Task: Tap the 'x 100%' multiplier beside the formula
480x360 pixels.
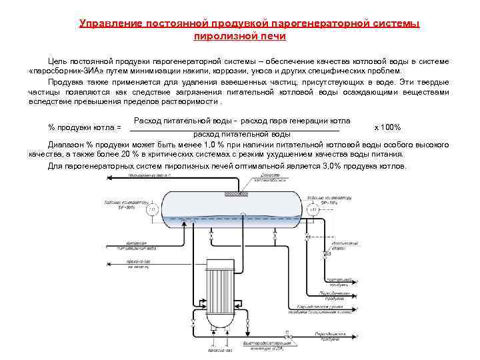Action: pos(387,127)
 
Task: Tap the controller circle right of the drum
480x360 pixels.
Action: pos(313,209)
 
